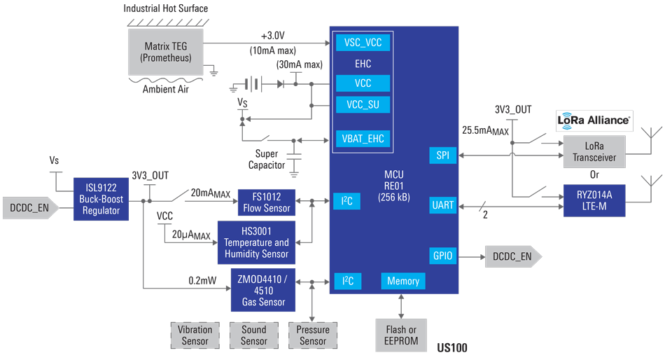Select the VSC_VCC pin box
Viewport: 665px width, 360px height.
coord(363,43)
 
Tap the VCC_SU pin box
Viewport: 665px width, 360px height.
coord(363,105)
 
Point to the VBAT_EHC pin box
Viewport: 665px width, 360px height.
coord(363,138)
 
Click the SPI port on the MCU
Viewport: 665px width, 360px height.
coord(442,155)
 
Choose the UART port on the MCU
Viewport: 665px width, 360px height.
coord(442,205)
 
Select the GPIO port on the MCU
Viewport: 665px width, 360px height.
coord(442,256)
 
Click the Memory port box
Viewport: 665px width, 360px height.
coord(403,281)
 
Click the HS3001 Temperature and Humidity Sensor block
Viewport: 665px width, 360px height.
coord(255,242)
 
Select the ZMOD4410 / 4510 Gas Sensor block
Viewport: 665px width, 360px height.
coord(262,289)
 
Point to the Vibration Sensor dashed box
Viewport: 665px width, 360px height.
coord(195,335)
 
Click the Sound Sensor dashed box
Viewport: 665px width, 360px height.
coord(253,335)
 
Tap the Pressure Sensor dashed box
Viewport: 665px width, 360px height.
coord(313,335)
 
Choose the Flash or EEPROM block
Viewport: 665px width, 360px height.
coord(401,335)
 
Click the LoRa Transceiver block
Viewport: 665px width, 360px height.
coord(594,151)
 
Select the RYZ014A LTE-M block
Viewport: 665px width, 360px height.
coord(594,201)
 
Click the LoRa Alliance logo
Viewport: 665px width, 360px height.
coord(594,120)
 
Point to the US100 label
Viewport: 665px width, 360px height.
coord(451,348)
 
